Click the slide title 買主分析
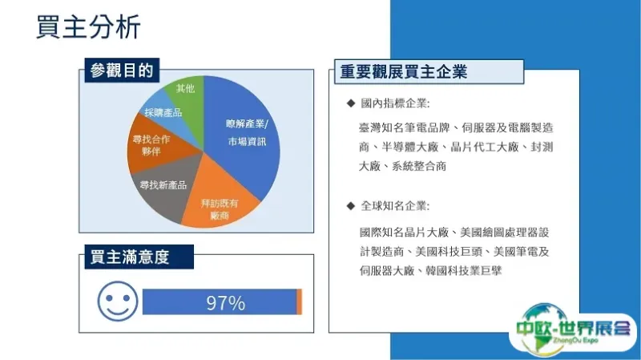tap(88, 27)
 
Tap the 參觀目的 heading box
tap(122, 71)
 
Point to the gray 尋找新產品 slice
tap(163, 186)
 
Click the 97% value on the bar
tap(226, 303)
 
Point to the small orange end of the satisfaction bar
tap(299, 302)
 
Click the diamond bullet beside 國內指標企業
tap(351, 103)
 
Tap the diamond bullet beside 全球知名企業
tap(351, 206)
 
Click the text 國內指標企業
tap(394, 103)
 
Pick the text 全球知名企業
tap(394, 206)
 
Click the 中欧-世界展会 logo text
tap(573, 328)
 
